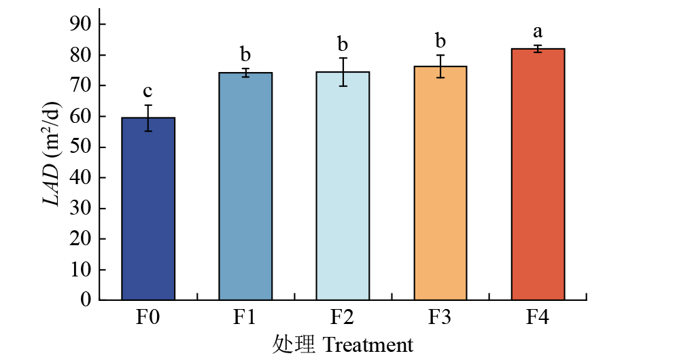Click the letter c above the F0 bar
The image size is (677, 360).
pos(147,91)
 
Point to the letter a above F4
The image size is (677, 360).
pos(538,31)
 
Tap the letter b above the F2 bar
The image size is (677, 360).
pos(343,45)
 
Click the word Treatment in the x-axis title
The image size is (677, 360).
pos(368,344)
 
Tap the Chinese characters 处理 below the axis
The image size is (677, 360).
pos(294,344)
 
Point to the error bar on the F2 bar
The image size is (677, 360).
pos(343,72)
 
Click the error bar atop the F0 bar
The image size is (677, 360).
pos(148,118)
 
